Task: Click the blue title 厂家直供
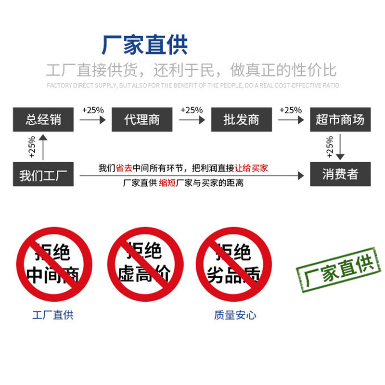coord(144,45)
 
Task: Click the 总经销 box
coord(43,119)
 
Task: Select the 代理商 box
coord(142,119)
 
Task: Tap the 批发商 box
coord(241,119)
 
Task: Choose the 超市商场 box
coord(340,119)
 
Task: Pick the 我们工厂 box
coord(43,174)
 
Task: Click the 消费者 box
coord(340,174)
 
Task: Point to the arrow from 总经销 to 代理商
coord(92,119)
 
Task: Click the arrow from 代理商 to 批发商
coord(192,119)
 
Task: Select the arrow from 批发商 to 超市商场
coord(291,119)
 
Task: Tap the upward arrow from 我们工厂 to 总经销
coord(43,147)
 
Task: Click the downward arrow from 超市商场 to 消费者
coord(340,147)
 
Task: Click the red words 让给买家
coord(251,168)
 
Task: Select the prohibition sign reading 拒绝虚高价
coord(144,264)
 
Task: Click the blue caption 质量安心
coord(235,316)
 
